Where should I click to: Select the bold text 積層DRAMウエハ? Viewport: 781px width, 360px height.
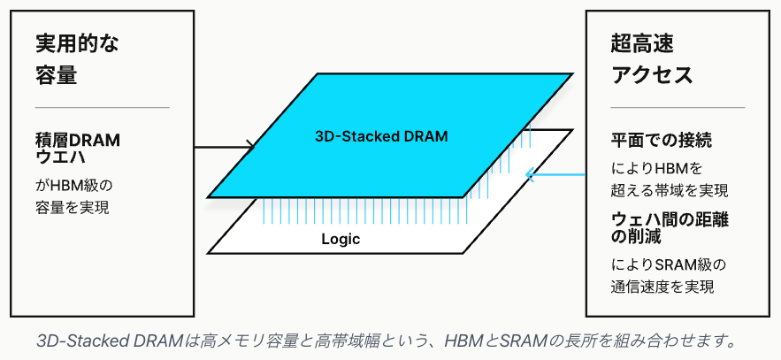click(x=77, y=149)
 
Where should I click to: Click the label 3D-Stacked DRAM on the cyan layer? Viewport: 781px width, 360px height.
click(x=381, y=137)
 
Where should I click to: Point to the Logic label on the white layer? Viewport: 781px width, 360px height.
click(x=341, y=239)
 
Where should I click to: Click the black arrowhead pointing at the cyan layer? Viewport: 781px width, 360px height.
click(x=250, y=145)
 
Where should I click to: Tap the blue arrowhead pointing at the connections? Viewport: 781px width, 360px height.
click(x=530, y=173)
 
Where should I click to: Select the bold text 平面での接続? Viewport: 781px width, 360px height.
click(x=662, y=142)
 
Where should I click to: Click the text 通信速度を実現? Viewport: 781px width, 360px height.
click(x=662, y=287)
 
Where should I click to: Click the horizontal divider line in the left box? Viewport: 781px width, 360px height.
click(x=102, y=108)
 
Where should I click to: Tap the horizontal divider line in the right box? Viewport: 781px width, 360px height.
click(x=678, y=108)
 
